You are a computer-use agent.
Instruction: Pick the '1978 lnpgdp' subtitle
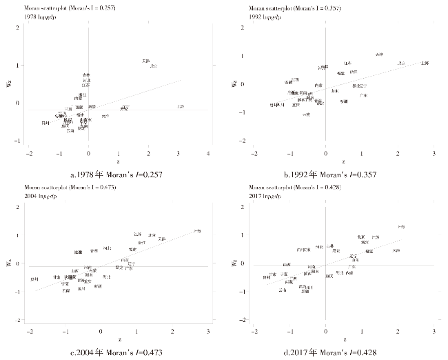42,14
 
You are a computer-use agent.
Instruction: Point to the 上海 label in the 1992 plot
425,63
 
